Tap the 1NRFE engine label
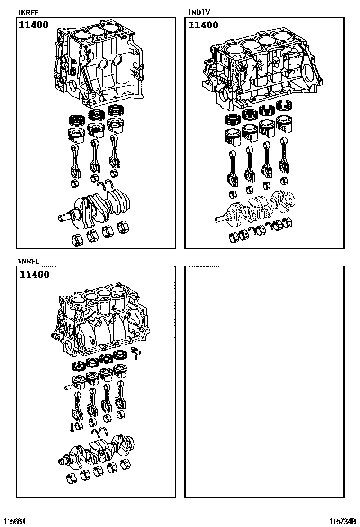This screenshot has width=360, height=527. (28, 261)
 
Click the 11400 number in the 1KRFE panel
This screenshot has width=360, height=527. (34, 25)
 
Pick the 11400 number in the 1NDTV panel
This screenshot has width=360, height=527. (204, 25)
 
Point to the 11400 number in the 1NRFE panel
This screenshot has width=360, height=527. (35, 274)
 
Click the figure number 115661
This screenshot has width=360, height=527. (14, 521)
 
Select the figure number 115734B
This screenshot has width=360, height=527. (343, 521)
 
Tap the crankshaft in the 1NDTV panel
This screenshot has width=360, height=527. (256, 206)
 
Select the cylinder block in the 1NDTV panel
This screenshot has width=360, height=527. (258, 71)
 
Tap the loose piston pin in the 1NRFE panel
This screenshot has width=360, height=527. (67, 388)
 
